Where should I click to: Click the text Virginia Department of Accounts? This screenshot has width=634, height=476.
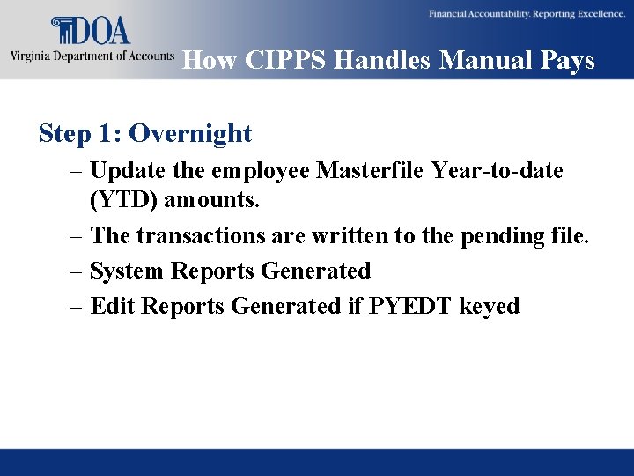(x=92, y=56)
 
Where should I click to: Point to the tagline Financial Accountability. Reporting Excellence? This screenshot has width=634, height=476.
(x=527, y=13)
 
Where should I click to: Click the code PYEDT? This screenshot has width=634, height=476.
(x=409, y=306)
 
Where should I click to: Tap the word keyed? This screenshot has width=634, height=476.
(x=490, y=306)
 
